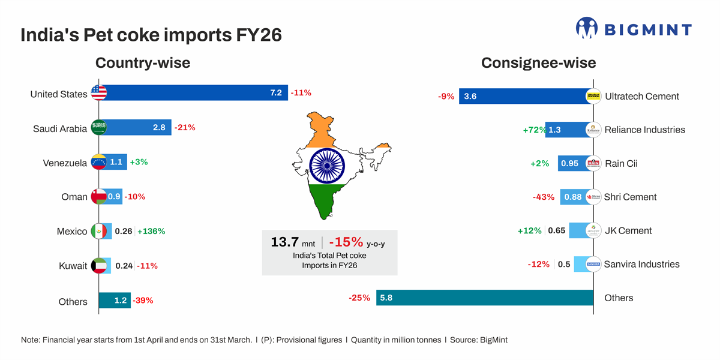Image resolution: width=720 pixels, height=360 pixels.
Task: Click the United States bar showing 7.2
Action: click(x=192, y=92)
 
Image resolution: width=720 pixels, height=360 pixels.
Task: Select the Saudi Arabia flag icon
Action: click(x=98, y=127)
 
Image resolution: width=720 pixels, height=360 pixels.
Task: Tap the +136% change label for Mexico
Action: click(x=151, y=231)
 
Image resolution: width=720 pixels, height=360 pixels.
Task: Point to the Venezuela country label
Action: click(x=65, y=163)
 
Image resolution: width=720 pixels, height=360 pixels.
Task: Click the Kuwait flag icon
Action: click(x=98, y=266)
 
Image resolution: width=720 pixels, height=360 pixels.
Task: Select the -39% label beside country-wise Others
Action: click(x=143, y=300)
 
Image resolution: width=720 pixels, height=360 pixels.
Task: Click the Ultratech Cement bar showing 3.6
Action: click(x=522, y=96)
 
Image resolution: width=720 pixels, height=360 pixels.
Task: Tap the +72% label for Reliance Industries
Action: click(x=534, y=130)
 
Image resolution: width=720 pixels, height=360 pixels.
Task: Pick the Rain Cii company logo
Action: click(x=593, y=163)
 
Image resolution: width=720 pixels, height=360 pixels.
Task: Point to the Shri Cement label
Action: click(x=630, y=197)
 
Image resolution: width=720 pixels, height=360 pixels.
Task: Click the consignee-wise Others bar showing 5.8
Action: click(x=485, y=298)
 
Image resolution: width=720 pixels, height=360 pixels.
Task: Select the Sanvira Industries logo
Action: click(x=593, y=264)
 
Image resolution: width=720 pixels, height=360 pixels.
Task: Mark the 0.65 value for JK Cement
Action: click(x=557, y=230)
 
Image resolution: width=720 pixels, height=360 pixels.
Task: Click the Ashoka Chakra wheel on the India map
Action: click(x=327, y=166)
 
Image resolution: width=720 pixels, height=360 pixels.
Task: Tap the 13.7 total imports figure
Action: click(x=284, y=242)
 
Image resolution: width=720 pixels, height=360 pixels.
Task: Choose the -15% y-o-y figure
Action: click(x=346, y=242)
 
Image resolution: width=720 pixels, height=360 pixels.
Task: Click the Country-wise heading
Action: click(x=143, y=62)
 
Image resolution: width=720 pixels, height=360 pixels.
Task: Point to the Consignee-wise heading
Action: click(x=538, y=62)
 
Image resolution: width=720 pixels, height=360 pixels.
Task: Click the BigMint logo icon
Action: click(x=586, y=28)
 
